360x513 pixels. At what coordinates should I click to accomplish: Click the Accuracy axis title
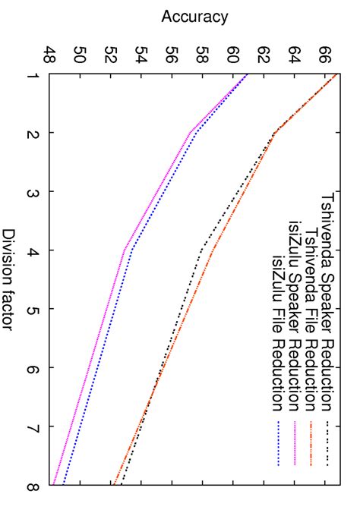194,15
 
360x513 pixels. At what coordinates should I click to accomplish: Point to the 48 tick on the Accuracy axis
50,55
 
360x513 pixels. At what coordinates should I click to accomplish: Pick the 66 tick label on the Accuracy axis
324,55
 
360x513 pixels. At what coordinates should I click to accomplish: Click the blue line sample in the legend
277,443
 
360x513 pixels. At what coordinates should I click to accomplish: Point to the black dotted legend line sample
327,443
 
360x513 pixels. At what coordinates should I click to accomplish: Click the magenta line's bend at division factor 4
125,250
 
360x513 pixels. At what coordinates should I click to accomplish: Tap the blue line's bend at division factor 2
196,133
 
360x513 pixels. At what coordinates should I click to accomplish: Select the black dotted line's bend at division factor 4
202,250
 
